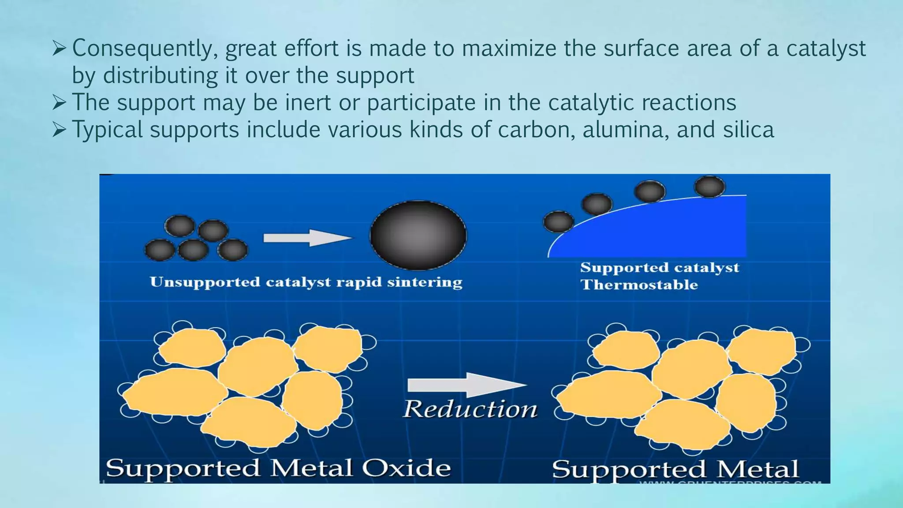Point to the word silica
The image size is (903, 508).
pos(748,129)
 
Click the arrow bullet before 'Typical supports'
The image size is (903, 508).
pos(59,130)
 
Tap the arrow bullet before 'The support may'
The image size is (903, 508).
pos(59,102)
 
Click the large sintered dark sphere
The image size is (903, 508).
pos(418,235)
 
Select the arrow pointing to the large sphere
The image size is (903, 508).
pos(307,238)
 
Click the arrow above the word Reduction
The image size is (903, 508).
pos(466,385)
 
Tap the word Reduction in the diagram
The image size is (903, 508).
pos(470,409)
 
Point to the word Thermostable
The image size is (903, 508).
pos(639,284)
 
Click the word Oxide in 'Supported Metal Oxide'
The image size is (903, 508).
pos(406,467)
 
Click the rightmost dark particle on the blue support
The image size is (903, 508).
pos(709,186)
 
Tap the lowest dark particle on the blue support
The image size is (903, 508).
pos(559,221)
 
